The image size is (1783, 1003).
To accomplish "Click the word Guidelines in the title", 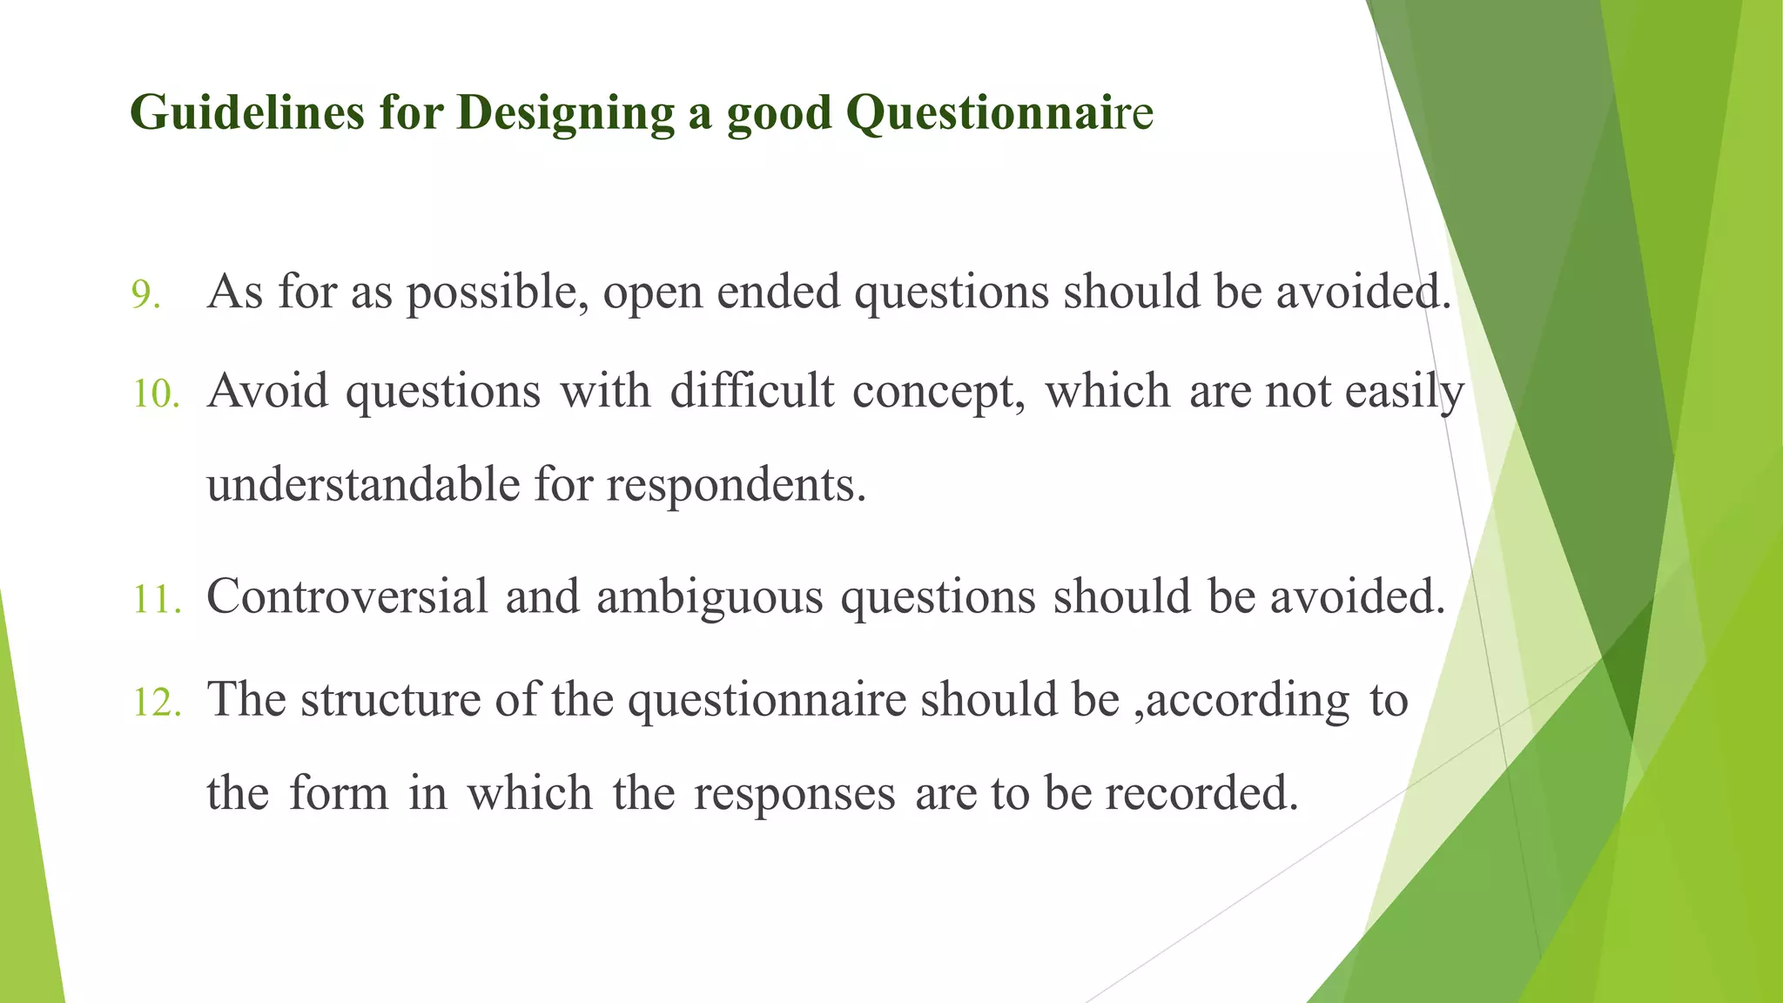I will click(x=246, y=113).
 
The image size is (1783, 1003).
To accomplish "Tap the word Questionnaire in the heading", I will click(x=999, y=113).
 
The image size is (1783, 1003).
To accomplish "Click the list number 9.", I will click(x=145, y=295).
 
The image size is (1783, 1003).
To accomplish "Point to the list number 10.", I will click(x=156, y=394).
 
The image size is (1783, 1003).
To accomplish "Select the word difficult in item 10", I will click(x=751, y=391).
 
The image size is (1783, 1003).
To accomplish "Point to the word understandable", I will click(x=363, y=484).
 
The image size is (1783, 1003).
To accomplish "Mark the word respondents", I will click(x=736, y=486).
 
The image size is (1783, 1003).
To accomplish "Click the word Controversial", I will click(x=347, y=597).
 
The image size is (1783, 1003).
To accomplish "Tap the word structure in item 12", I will click(x=391, y=700).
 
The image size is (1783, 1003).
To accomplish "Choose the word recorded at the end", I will click(x=1201, y=793).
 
